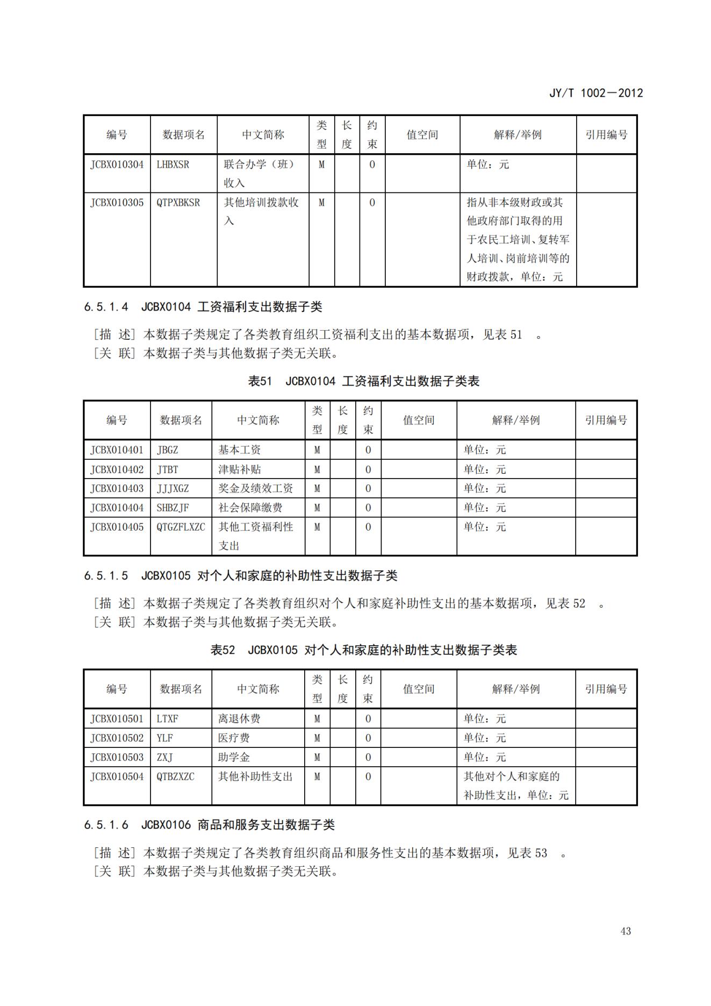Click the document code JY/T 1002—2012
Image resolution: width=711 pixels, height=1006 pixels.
coord(595,93)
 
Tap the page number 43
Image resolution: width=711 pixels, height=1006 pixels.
coord(625,931)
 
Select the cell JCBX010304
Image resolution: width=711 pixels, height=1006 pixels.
coord(117,165)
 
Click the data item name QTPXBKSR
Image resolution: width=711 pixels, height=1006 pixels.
coord(178,203)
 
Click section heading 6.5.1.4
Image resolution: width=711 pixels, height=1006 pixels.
coord(203,307)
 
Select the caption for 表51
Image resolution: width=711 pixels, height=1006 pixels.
coord(363,381)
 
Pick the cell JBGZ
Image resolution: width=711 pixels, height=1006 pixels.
coord(167,450)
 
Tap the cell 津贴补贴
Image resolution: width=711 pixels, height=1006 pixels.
coord(239,469)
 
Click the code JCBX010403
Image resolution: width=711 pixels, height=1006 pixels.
coord(117,489)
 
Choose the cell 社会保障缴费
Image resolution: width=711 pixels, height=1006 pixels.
coord(250,508)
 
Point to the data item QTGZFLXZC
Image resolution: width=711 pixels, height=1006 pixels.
coord(181,527)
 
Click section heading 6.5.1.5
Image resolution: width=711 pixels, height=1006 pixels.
coord(240,576)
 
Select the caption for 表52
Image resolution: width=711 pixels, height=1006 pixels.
coord(363,650)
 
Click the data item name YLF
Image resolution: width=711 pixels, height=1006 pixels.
coord(164,738)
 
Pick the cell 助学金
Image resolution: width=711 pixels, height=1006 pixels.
coord(234,758)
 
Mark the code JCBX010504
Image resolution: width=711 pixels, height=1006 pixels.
coord(117,777)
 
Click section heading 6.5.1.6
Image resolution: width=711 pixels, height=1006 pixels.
coord(209,825)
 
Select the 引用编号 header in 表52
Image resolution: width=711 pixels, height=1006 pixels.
coord(606,689)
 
